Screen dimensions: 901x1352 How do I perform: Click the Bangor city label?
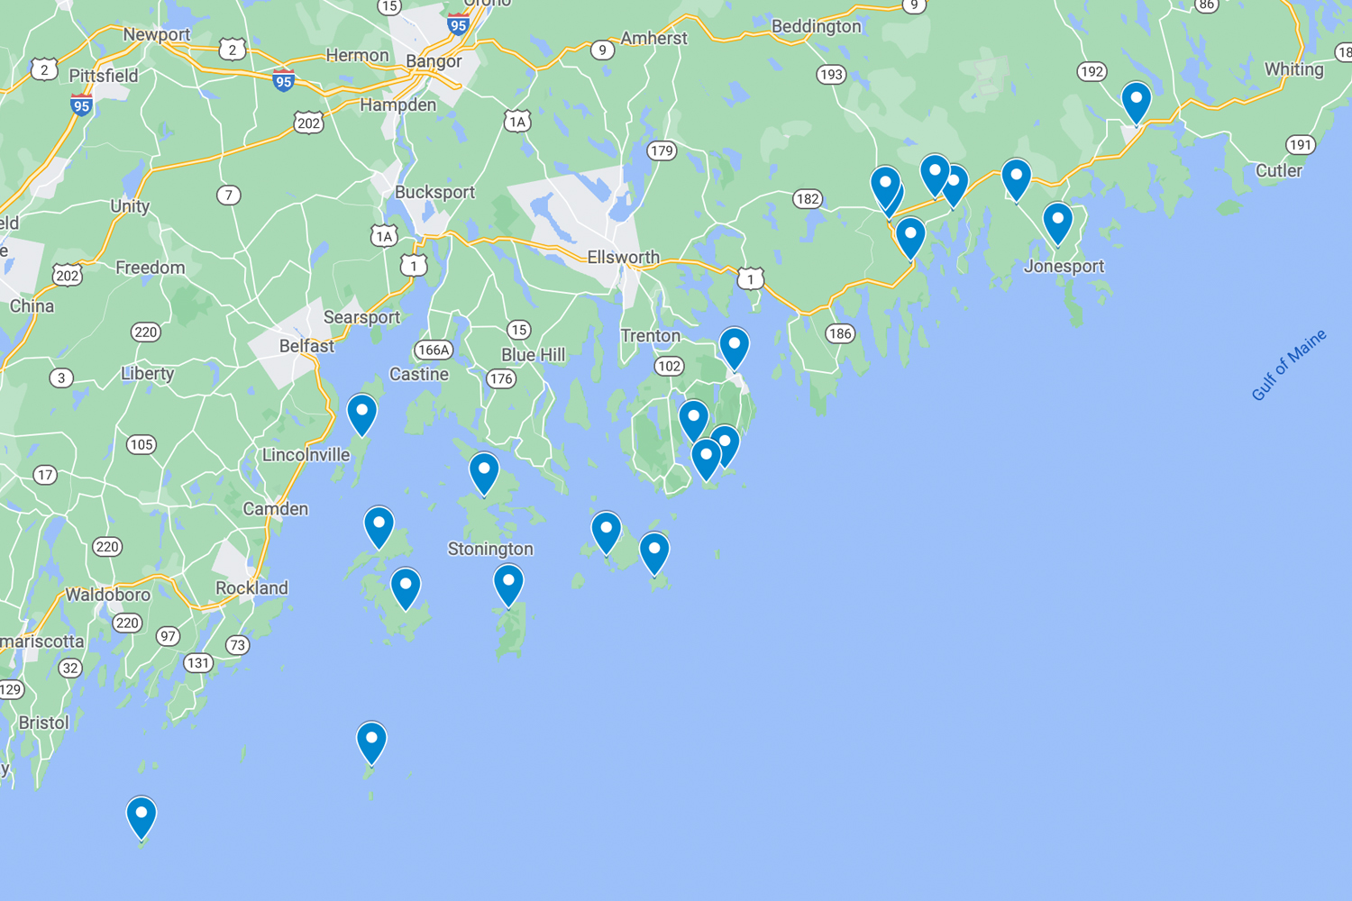click(x=434, y=61)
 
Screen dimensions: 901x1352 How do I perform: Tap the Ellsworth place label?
click(x=623, y=258)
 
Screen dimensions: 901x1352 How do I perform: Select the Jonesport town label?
click(x=1064, y=267)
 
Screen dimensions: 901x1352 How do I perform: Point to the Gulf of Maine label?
click(x=1289, y=365)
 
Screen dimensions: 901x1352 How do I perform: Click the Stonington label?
click(x=490, y=549)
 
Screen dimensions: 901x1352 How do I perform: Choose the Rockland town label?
click(x=251, y=588)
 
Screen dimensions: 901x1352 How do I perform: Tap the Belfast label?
click(x=306, y=346)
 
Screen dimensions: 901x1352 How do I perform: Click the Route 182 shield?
click(x=808, y=199)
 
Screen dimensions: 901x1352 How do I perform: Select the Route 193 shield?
click(x=831, y=75)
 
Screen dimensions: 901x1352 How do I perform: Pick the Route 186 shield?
click(x=840, y=334)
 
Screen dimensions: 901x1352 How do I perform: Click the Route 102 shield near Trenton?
click(x=669, y=366)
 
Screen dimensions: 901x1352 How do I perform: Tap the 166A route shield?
click(x=433, y=350)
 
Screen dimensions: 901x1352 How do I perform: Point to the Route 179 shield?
click(x=662, y=150)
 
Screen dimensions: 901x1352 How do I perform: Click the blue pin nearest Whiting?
click(x=1136, y=100)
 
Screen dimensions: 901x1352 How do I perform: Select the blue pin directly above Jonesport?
click(x=1057, y=222)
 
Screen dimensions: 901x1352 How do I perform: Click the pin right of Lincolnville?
click(x=361, y=414)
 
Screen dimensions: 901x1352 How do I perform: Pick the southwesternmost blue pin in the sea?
click(x=142, y=815)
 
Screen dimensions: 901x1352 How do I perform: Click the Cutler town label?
click(x=1278, y=171)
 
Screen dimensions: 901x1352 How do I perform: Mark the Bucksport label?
click(x=434, y=193)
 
